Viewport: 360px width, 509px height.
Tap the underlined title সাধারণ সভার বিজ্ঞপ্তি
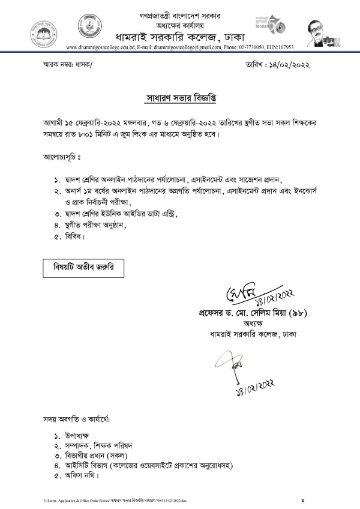tap(179, 97)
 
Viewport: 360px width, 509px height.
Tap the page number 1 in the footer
tap(303, 500)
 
